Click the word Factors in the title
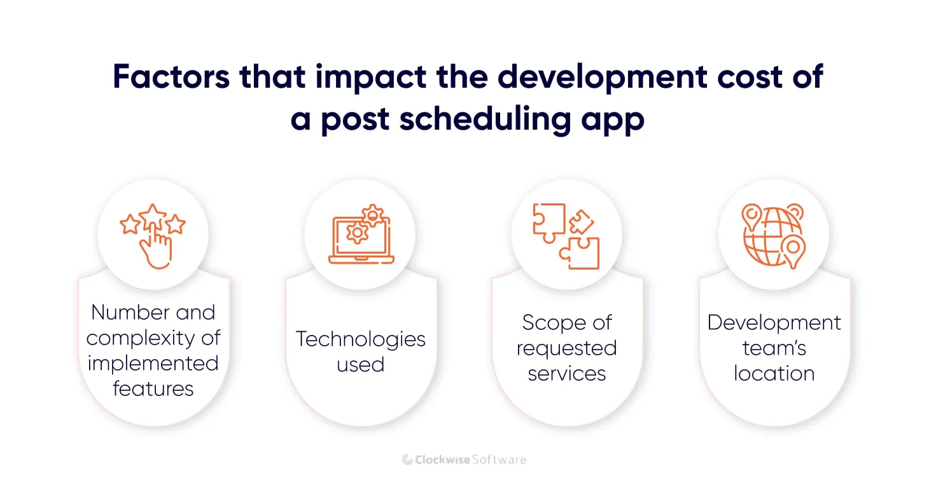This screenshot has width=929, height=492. pyautogui.click(x=170, y=76)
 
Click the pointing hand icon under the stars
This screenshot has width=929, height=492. pyautogui.click(x=155, y=249)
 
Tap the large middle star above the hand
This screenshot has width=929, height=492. pyautogui.click(x=153, y=218)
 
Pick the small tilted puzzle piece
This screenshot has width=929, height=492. pyautogui.click(x=580, y=222)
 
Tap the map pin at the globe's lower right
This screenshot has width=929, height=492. pyautogui.click(x=793, y=250)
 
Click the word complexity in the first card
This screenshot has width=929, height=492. pyautogui.click(x=153, y=338)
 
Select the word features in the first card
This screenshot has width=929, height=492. pyautogui.click(x=153, y=389)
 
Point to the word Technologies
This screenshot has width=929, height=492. pyautogui.click(x=360, y=339)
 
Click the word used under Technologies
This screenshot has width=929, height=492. pyautogui.click(x=360, y=365)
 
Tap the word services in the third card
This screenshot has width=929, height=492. pyautogui.click(x=567, y=374)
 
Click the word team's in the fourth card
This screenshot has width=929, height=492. pyautogui.click(x=774, y=348)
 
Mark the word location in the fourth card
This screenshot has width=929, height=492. pyautogui.click(x=774, y=374)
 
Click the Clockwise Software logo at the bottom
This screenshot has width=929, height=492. pyautogui.click(x=464, y=459)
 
